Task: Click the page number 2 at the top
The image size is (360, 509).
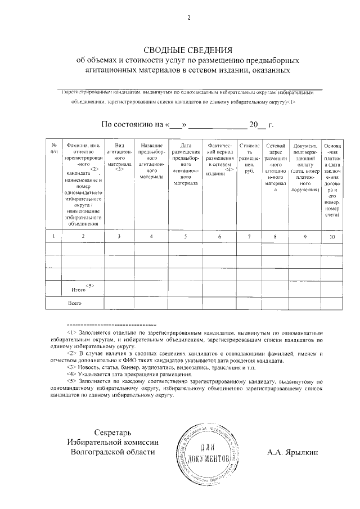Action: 189,18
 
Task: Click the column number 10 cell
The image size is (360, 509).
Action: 332,236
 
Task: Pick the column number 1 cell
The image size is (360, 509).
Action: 53,236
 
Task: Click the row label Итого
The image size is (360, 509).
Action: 79,290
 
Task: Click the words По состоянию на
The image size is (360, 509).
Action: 133,124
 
